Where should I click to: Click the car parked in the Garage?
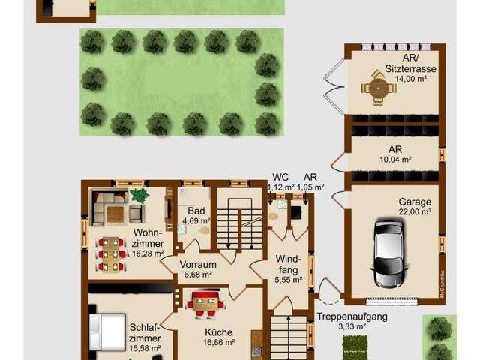pos(388,253)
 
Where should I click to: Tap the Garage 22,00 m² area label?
pos(415,207)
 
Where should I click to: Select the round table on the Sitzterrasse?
pos(379,88)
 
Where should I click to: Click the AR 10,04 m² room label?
pos(395,154)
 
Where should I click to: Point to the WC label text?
pos(280,177)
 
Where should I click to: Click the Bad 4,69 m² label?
pos(196,215)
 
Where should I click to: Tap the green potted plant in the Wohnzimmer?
pos(139,195)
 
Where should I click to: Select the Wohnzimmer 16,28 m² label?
pos(148,243)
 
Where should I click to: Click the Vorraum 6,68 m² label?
pos(198,269)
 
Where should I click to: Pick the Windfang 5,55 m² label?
pos(289,268)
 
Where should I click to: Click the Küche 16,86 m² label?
pos(219,337)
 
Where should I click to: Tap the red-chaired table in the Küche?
pos(206,304)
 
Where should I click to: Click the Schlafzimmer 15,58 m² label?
pos(145,337)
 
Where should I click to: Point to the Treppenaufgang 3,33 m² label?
pos(352,321)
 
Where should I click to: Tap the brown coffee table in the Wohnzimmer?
pos(115,214)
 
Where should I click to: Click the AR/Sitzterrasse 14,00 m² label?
pos(410,68)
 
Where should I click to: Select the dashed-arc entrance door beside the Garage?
pos(328,291)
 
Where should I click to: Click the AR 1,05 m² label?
pos(310,182)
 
